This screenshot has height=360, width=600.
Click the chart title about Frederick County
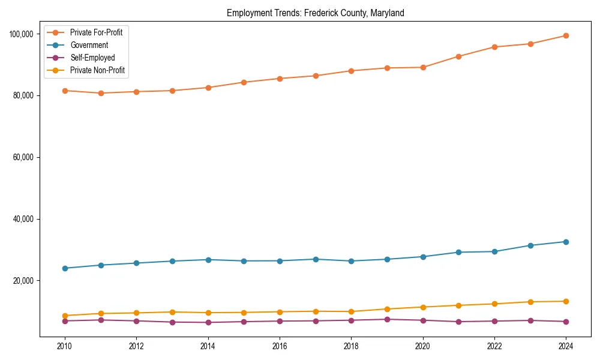pos(315,13)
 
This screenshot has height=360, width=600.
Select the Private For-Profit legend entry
pos(96,32)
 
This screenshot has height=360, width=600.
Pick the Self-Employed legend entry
pos(92,58)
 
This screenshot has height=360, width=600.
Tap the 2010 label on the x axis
pos(65,346)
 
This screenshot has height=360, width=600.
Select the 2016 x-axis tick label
pos(280,346)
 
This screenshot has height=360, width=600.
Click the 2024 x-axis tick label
pos(566,346)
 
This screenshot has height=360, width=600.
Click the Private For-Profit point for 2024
pos(566,35)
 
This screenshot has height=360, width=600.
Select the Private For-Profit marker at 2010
pos(65,91)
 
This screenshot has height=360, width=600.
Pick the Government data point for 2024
pos(566,242)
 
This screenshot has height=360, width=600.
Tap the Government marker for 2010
pos(65,268)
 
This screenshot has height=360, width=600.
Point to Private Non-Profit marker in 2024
pos(566,301)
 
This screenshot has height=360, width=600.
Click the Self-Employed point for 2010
pos(65,321)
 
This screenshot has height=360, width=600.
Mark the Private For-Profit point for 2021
pos(458,56)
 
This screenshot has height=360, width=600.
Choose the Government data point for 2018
pos(351,261)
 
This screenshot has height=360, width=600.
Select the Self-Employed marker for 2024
pos(566,322)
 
